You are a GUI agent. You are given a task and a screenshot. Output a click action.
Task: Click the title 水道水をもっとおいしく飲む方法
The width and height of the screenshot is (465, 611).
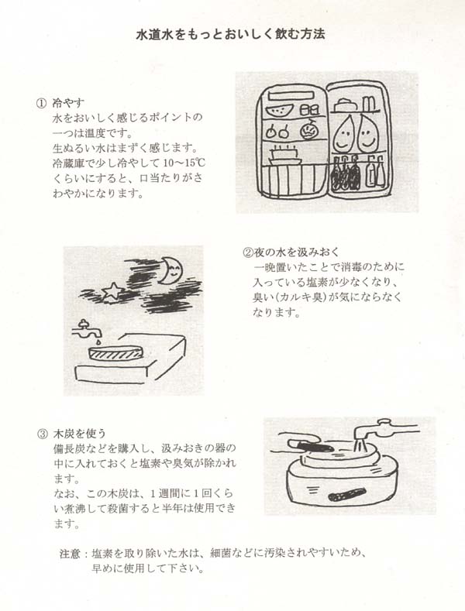click(x=230, y=34)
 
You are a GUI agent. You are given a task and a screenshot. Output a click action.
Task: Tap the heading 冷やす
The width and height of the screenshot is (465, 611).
click(x=68, y=103)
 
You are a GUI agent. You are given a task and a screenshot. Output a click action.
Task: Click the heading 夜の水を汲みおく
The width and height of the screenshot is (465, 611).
click(x=298, y=252)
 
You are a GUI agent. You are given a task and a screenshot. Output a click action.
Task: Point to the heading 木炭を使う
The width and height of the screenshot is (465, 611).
click(x=80, y=434)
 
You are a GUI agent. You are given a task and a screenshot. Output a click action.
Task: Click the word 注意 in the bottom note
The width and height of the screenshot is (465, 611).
click(x=71, y=554)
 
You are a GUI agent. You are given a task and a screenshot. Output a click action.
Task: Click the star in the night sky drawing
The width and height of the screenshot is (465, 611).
click(x=112, y=290)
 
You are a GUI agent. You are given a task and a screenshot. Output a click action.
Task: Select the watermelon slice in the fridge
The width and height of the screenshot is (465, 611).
click(x=280, y=110)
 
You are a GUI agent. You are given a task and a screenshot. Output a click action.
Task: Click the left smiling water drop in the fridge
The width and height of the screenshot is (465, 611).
click(x=343, y=134)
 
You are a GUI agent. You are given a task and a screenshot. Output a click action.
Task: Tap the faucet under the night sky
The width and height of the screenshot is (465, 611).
click(x=86, y=329)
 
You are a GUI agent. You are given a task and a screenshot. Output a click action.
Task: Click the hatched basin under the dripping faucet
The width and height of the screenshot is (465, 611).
click(x=115, y=352)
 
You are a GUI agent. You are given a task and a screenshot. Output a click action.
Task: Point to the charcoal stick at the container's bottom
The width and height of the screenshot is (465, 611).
click(x=344, y=495)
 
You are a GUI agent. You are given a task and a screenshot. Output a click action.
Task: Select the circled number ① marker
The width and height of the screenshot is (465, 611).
click(x=41, y=103)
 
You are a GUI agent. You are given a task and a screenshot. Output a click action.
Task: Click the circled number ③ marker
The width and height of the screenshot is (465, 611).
click(x=42, y=434)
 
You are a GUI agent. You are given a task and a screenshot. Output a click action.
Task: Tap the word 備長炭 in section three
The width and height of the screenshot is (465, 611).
click(x=69, y=448)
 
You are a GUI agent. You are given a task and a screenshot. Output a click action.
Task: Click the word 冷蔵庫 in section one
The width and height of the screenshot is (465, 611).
click(x=68, y=163)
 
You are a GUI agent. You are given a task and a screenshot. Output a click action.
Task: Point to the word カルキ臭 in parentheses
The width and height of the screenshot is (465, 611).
click(x=300, y=297)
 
